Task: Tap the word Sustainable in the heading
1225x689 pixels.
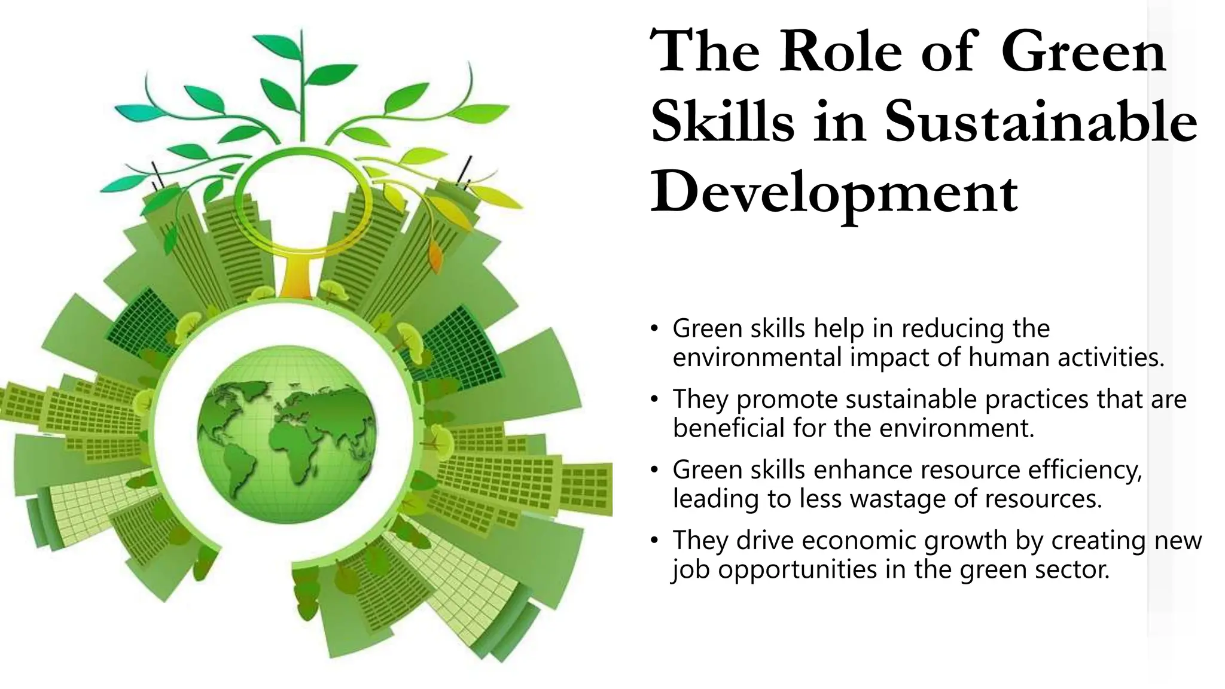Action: click(1041, 123)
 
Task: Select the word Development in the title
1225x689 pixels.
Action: click(834, 193)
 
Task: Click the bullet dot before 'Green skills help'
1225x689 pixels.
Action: click(655, 329)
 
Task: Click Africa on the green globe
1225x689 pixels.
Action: click(295, 446)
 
